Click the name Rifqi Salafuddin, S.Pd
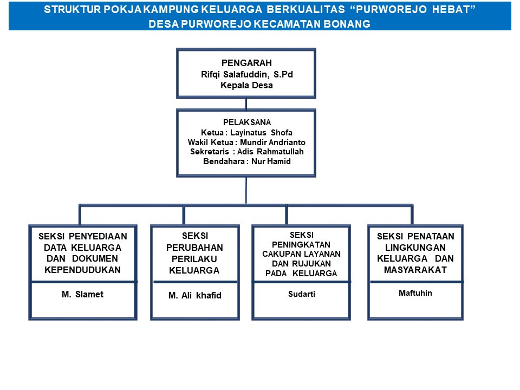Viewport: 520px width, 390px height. (x=246, y=74)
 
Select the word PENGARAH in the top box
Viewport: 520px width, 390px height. (x=246, y=63)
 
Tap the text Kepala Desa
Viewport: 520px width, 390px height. (x=246, y=85)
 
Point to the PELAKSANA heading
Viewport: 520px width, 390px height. (x=247, y=122)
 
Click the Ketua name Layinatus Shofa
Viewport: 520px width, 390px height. (x=262, y=132)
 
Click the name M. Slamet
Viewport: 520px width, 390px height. (x=82, y=295)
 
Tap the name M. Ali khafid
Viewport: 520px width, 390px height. (x=195, y=295)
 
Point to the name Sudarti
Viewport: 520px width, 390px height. (x=302, y=294)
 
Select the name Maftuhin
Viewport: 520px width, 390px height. (x=415, y=293)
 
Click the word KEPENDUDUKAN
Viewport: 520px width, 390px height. (x=82, y=270)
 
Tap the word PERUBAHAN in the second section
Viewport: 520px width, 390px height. (x=195, y=248)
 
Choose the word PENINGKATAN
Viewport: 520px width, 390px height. (x=302, y=244)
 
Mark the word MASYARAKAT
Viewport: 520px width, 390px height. (x=415, y=270)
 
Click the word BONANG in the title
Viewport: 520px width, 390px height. (x=345, y=24)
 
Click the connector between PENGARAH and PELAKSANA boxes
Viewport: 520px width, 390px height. (x=246, y=103)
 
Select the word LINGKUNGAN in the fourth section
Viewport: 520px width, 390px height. (x=415, y=248)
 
